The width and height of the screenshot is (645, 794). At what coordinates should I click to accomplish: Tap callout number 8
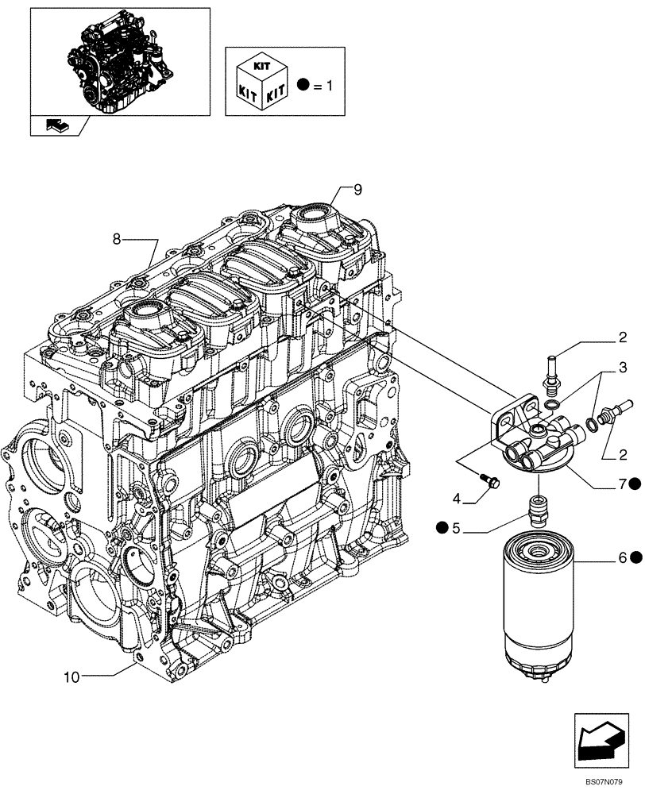pos(117,237)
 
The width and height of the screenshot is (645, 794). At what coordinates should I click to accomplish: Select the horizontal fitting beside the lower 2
pos(612,413)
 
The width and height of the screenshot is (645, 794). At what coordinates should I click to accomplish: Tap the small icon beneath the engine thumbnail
pos(58,124)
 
